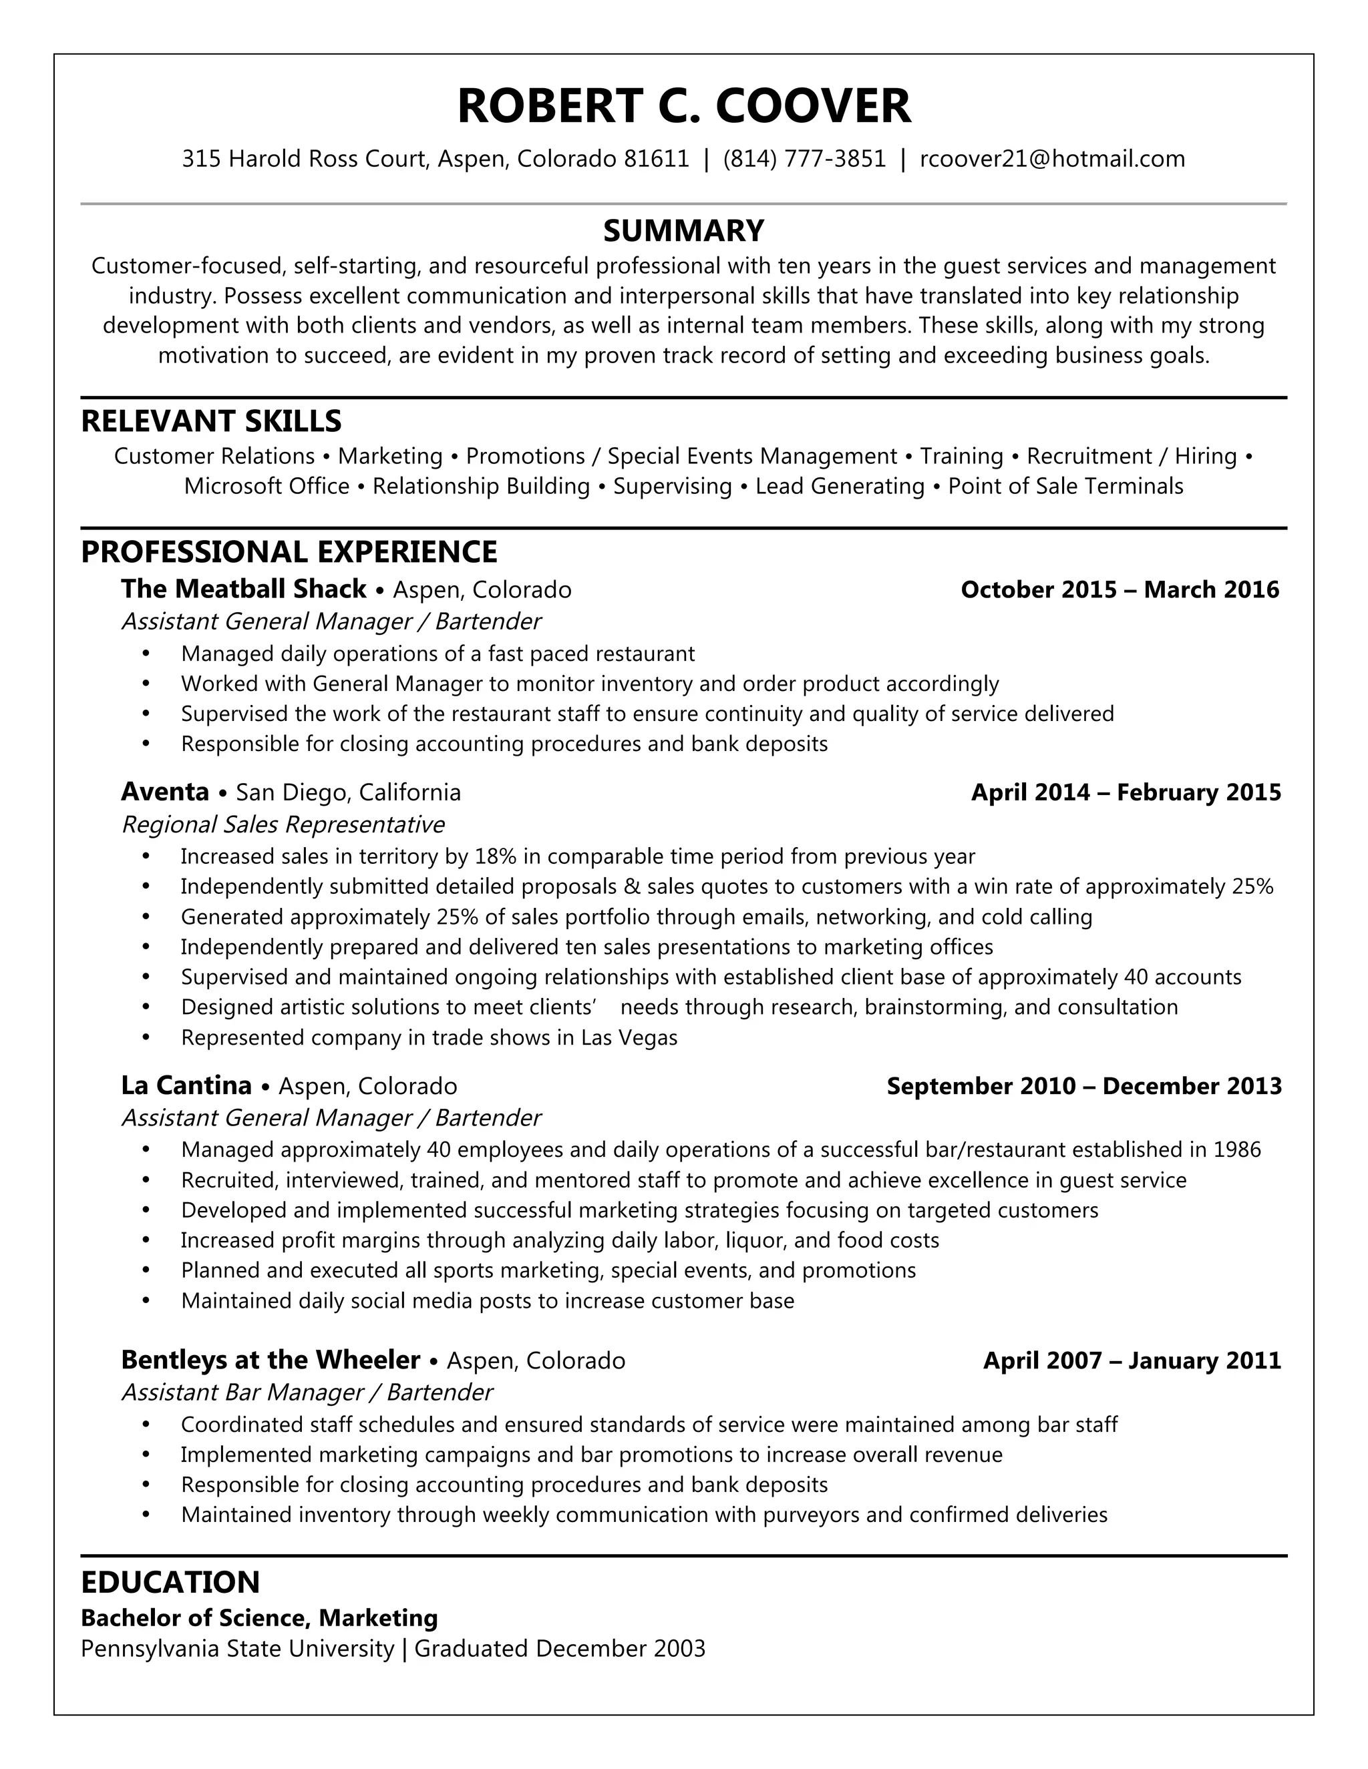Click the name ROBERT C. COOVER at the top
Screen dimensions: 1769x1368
683,106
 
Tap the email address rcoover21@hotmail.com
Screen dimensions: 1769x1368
1052,159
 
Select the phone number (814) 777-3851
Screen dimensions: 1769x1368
804,159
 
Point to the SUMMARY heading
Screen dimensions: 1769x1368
683,231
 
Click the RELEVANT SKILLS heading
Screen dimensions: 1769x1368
212,421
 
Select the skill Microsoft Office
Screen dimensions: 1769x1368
267,486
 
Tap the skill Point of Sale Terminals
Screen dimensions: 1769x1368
1065,486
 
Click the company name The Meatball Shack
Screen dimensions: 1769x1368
243,589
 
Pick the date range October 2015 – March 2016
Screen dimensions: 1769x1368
1120,589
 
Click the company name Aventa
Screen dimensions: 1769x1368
166,791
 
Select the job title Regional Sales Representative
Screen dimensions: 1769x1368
283,824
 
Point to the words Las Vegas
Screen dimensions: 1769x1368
629,1037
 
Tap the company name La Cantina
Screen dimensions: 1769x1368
186,1085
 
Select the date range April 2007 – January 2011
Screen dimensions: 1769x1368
1132,1360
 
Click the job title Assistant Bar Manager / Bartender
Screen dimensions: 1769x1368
307,1393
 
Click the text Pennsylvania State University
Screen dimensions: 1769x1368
237,1649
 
